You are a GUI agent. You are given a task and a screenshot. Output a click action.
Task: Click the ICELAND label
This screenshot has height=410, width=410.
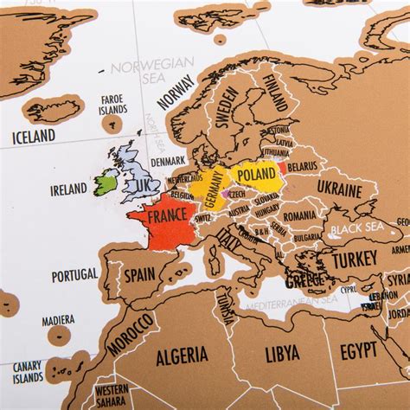33,136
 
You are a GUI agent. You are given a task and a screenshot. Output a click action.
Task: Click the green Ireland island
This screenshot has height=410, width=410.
106,182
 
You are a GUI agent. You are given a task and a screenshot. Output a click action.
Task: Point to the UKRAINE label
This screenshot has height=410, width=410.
338,187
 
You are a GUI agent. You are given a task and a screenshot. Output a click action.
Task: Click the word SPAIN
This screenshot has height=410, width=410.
139,276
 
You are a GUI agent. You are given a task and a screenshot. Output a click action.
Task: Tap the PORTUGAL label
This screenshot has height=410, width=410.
74,275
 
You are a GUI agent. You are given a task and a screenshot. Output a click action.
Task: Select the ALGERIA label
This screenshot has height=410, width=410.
182,355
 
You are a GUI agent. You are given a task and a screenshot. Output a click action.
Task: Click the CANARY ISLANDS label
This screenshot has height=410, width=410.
28,372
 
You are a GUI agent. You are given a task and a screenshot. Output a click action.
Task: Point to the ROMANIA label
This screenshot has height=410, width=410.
299,215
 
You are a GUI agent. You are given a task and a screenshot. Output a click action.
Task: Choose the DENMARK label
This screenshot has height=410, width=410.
168,161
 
